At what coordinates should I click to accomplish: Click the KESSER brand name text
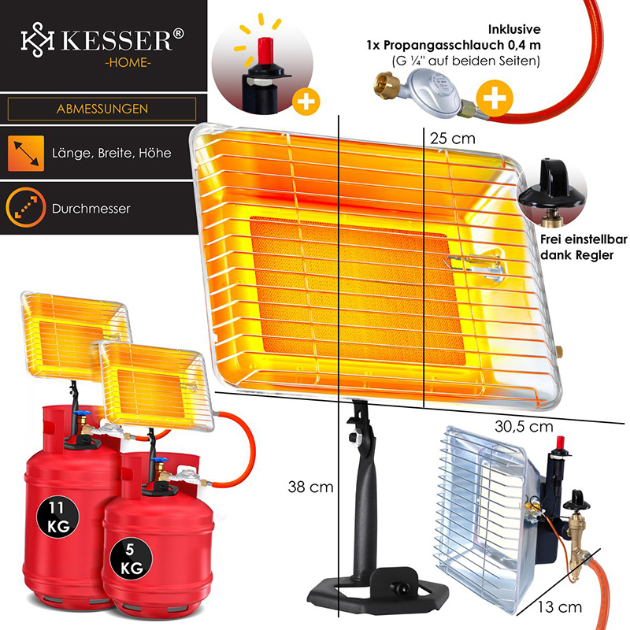point(117,39)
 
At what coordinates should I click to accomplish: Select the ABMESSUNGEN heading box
point(102,109)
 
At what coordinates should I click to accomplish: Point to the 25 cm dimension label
point(452,137)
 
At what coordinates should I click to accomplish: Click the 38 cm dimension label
point(311,487)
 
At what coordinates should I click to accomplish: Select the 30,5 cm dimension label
point(524,427)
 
